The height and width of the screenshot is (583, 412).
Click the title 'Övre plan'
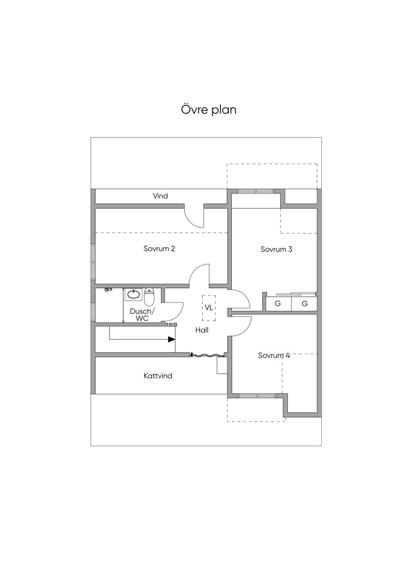pyautogui.click(x=208, y=110)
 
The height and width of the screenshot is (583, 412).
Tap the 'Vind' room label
pyautogui.click(x=160, y=196)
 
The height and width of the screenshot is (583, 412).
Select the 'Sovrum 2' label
pyautogui.click(x=159, y=248)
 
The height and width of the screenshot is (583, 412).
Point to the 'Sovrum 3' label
pyautogui.click(x=276, y=249)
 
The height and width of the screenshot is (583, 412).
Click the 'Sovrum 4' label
pyautogui.click(x=274, y=356)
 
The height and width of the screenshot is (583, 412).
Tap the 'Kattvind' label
pyautogui.click(x=158, y=376)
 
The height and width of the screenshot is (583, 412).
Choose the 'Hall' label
pyautogui.click(x=202, y=330)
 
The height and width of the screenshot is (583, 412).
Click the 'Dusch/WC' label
pyautogui.click(x=142, y=315)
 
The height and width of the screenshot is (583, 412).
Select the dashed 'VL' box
pyautogui.click(x=209, y=308)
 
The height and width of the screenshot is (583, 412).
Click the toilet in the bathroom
pyautogui.click(x=149, y=297)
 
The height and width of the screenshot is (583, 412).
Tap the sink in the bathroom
pyautogui.click(x=133, y=294)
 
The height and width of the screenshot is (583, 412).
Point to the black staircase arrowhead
pyautogui.click(x=172, y=339)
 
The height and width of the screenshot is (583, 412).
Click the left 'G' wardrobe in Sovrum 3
pyautogui.click(x=278, y=304)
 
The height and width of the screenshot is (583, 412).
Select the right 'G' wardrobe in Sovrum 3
pyautogui.click(x=305, y=304)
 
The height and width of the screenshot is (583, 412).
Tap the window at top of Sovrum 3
pyautogui.click(x=255, y=191)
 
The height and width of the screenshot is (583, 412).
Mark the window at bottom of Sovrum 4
pyautogui.click(x=257, y=396)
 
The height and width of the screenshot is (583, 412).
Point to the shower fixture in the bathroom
pyautogui.click(x=107, y=289)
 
